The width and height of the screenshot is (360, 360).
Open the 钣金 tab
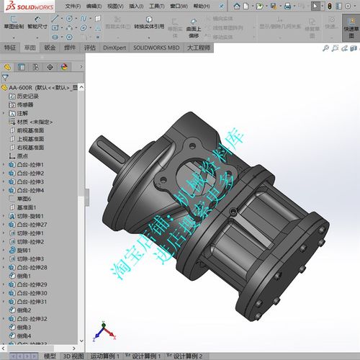(x=50, y=48)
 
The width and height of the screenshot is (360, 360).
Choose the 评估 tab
(x=89, y=48)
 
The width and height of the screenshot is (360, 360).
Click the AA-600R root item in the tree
(x=36, y=87)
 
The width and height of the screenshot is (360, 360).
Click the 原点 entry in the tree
(x=22, y=156)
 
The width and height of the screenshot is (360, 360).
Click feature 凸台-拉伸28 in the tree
(x=33, y=267)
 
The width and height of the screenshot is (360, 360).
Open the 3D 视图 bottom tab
(x=73, y=356)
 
